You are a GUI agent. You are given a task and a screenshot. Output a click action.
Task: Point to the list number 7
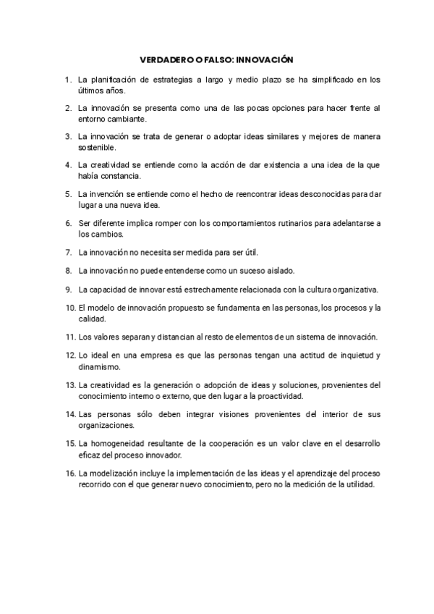(x=69, y=253)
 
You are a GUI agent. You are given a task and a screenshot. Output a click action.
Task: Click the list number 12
(x=70, y=356)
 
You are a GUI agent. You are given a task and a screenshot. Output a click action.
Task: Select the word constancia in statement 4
(x=120, y=175)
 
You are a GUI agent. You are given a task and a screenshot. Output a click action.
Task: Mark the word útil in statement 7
(x=250, y=253)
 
